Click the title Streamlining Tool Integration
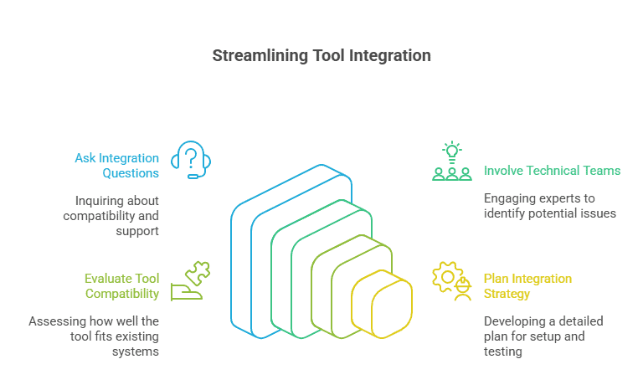click(321, 56)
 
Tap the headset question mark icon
click(190, 160)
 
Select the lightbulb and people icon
click(451, 162)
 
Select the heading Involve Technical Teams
click(552, 171)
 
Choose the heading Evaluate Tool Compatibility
click(121, 286)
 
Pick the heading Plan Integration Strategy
click(527, 286)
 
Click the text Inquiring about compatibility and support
click(111, 215)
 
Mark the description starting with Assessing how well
click(94, 336)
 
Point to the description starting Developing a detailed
click(543, 336)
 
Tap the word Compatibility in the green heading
click(121, 294)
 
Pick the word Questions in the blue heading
click(131, 173)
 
